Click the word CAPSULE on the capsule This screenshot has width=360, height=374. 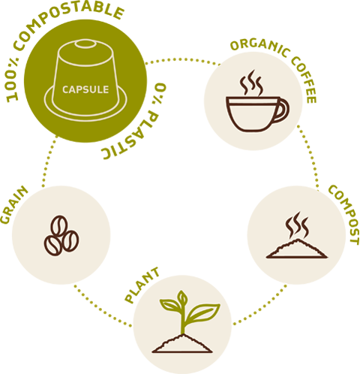tap(85, 89)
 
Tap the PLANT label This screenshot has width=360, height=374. tap(142, 285)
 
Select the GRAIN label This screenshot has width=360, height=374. tap(13, 205)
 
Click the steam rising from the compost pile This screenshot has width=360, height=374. tap(297, 225)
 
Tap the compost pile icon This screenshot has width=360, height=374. tap(297, 249)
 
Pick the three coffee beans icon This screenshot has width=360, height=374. tap(61, 235)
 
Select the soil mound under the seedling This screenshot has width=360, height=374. tap(182, 343)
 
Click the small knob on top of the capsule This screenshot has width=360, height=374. tap(85, 44)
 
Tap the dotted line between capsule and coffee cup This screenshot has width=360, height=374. tap(182, 59)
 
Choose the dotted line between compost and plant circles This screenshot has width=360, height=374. tap(261, 306)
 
